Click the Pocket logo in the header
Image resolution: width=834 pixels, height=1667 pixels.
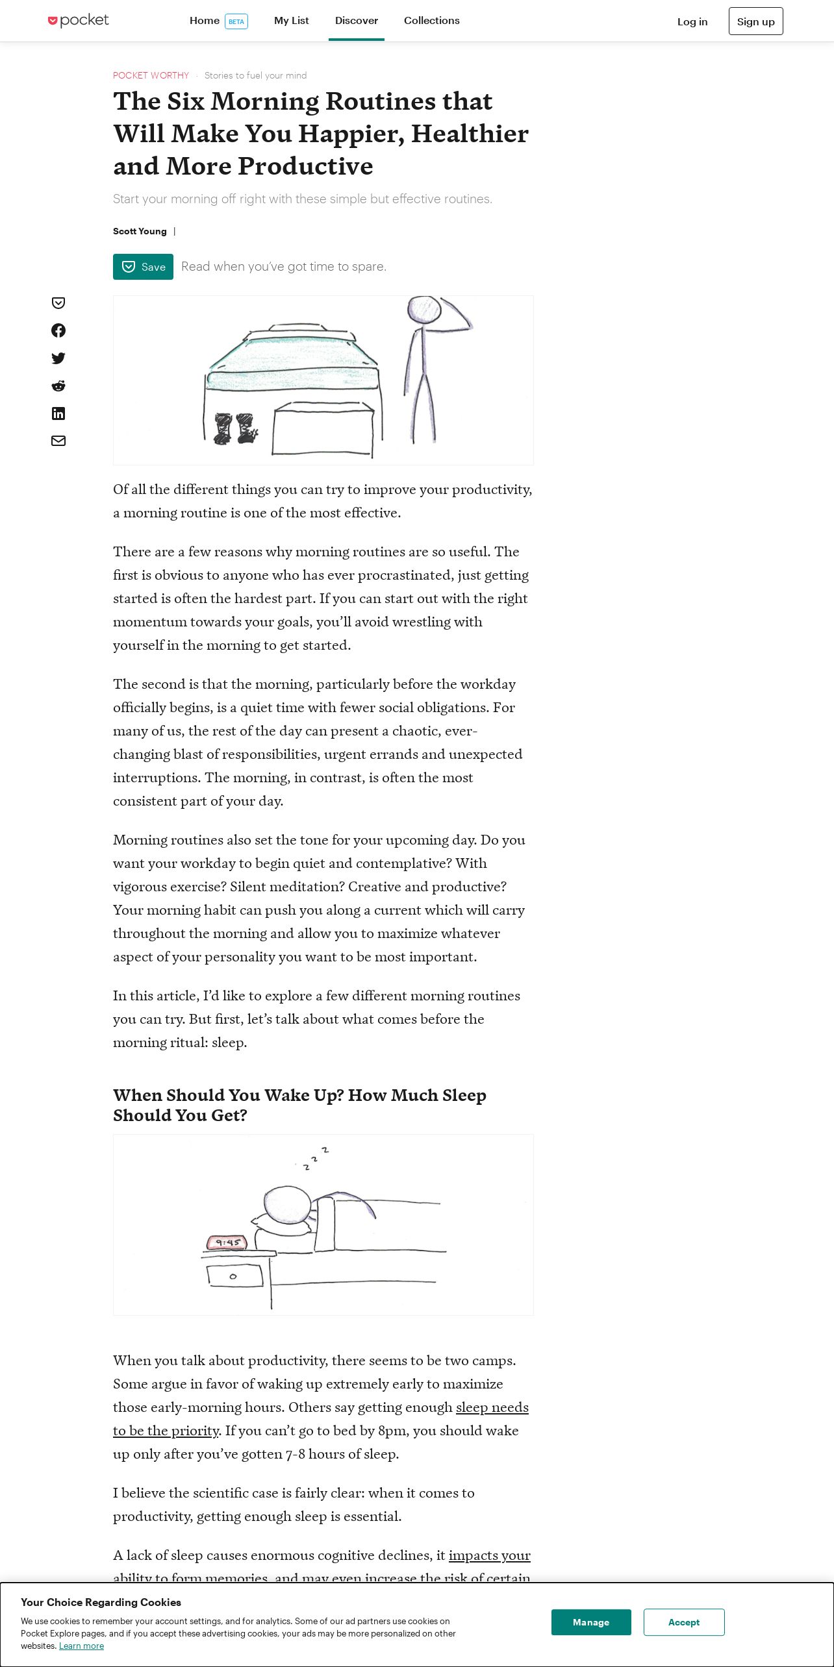tap(79, 21)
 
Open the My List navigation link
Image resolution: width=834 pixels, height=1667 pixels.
tap(291, 21)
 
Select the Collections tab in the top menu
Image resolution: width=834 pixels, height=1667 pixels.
tap(431, 21)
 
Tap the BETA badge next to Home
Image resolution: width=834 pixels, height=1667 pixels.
tap(236, 21)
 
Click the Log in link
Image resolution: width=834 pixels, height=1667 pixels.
tap(692, 21)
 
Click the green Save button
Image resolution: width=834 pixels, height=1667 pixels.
tap(143, 267)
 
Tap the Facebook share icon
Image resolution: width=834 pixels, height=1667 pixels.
tap(58, 330)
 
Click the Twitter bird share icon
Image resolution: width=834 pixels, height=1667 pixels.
tap(58, 358)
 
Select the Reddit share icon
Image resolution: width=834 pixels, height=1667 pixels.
tap(58, 386)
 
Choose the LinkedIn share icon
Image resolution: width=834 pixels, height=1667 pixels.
tap(58, 414)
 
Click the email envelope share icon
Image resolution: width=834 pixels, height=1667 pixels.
tap(58, 441)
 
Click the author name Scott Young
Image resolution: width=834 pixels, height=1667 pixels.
tap(140, 231)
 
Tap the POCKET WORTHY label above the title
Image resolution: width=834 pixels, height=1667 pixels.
tap(151, 75)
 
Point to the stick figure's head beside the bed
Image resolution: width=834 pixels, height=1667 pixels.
tap(424, 310)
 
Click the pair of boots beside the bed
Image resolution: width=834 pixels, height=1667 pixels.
tap(234, 428)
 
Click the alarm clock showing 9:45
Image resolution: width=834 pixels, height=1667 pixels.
tap(227, 1242)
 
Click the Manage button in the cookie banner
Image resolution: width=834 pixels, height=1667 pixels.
tap(591, 1622)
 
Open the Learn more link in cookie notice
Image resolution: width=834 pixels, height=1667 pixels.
tap(81, 1646)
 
